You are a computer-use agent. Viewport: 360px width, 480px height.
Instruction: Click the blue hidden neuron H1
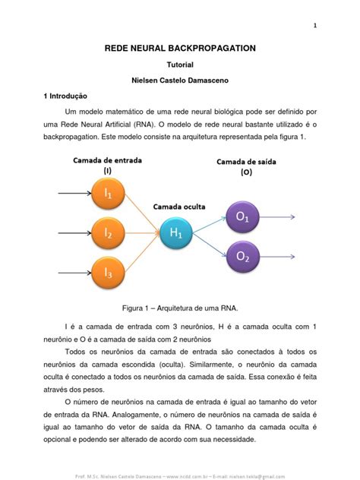[176, 234]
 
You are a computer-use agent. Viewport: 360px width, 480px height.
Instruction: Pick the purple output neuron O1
[243, 218]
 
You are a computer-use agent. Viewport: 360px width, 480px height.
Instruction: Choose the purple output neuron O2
[243, 256]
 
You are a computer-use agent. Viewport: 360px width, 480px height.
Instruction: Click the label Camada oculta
[179, 206]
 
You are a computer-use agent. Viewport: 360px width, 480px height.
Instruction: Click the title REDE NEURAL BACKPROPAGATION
[179, 48]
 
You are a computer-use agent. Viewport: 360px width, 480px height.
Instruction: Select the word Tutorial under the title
[180, 65]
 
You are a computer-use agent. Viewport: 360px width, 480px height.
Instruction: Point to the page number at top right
[314, 27]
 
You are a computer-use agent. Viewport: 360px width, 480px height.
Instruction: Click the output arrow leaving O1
[279, 218]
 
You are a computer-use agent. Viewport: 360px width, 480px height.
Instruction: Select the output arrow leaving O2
[279, 256]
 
